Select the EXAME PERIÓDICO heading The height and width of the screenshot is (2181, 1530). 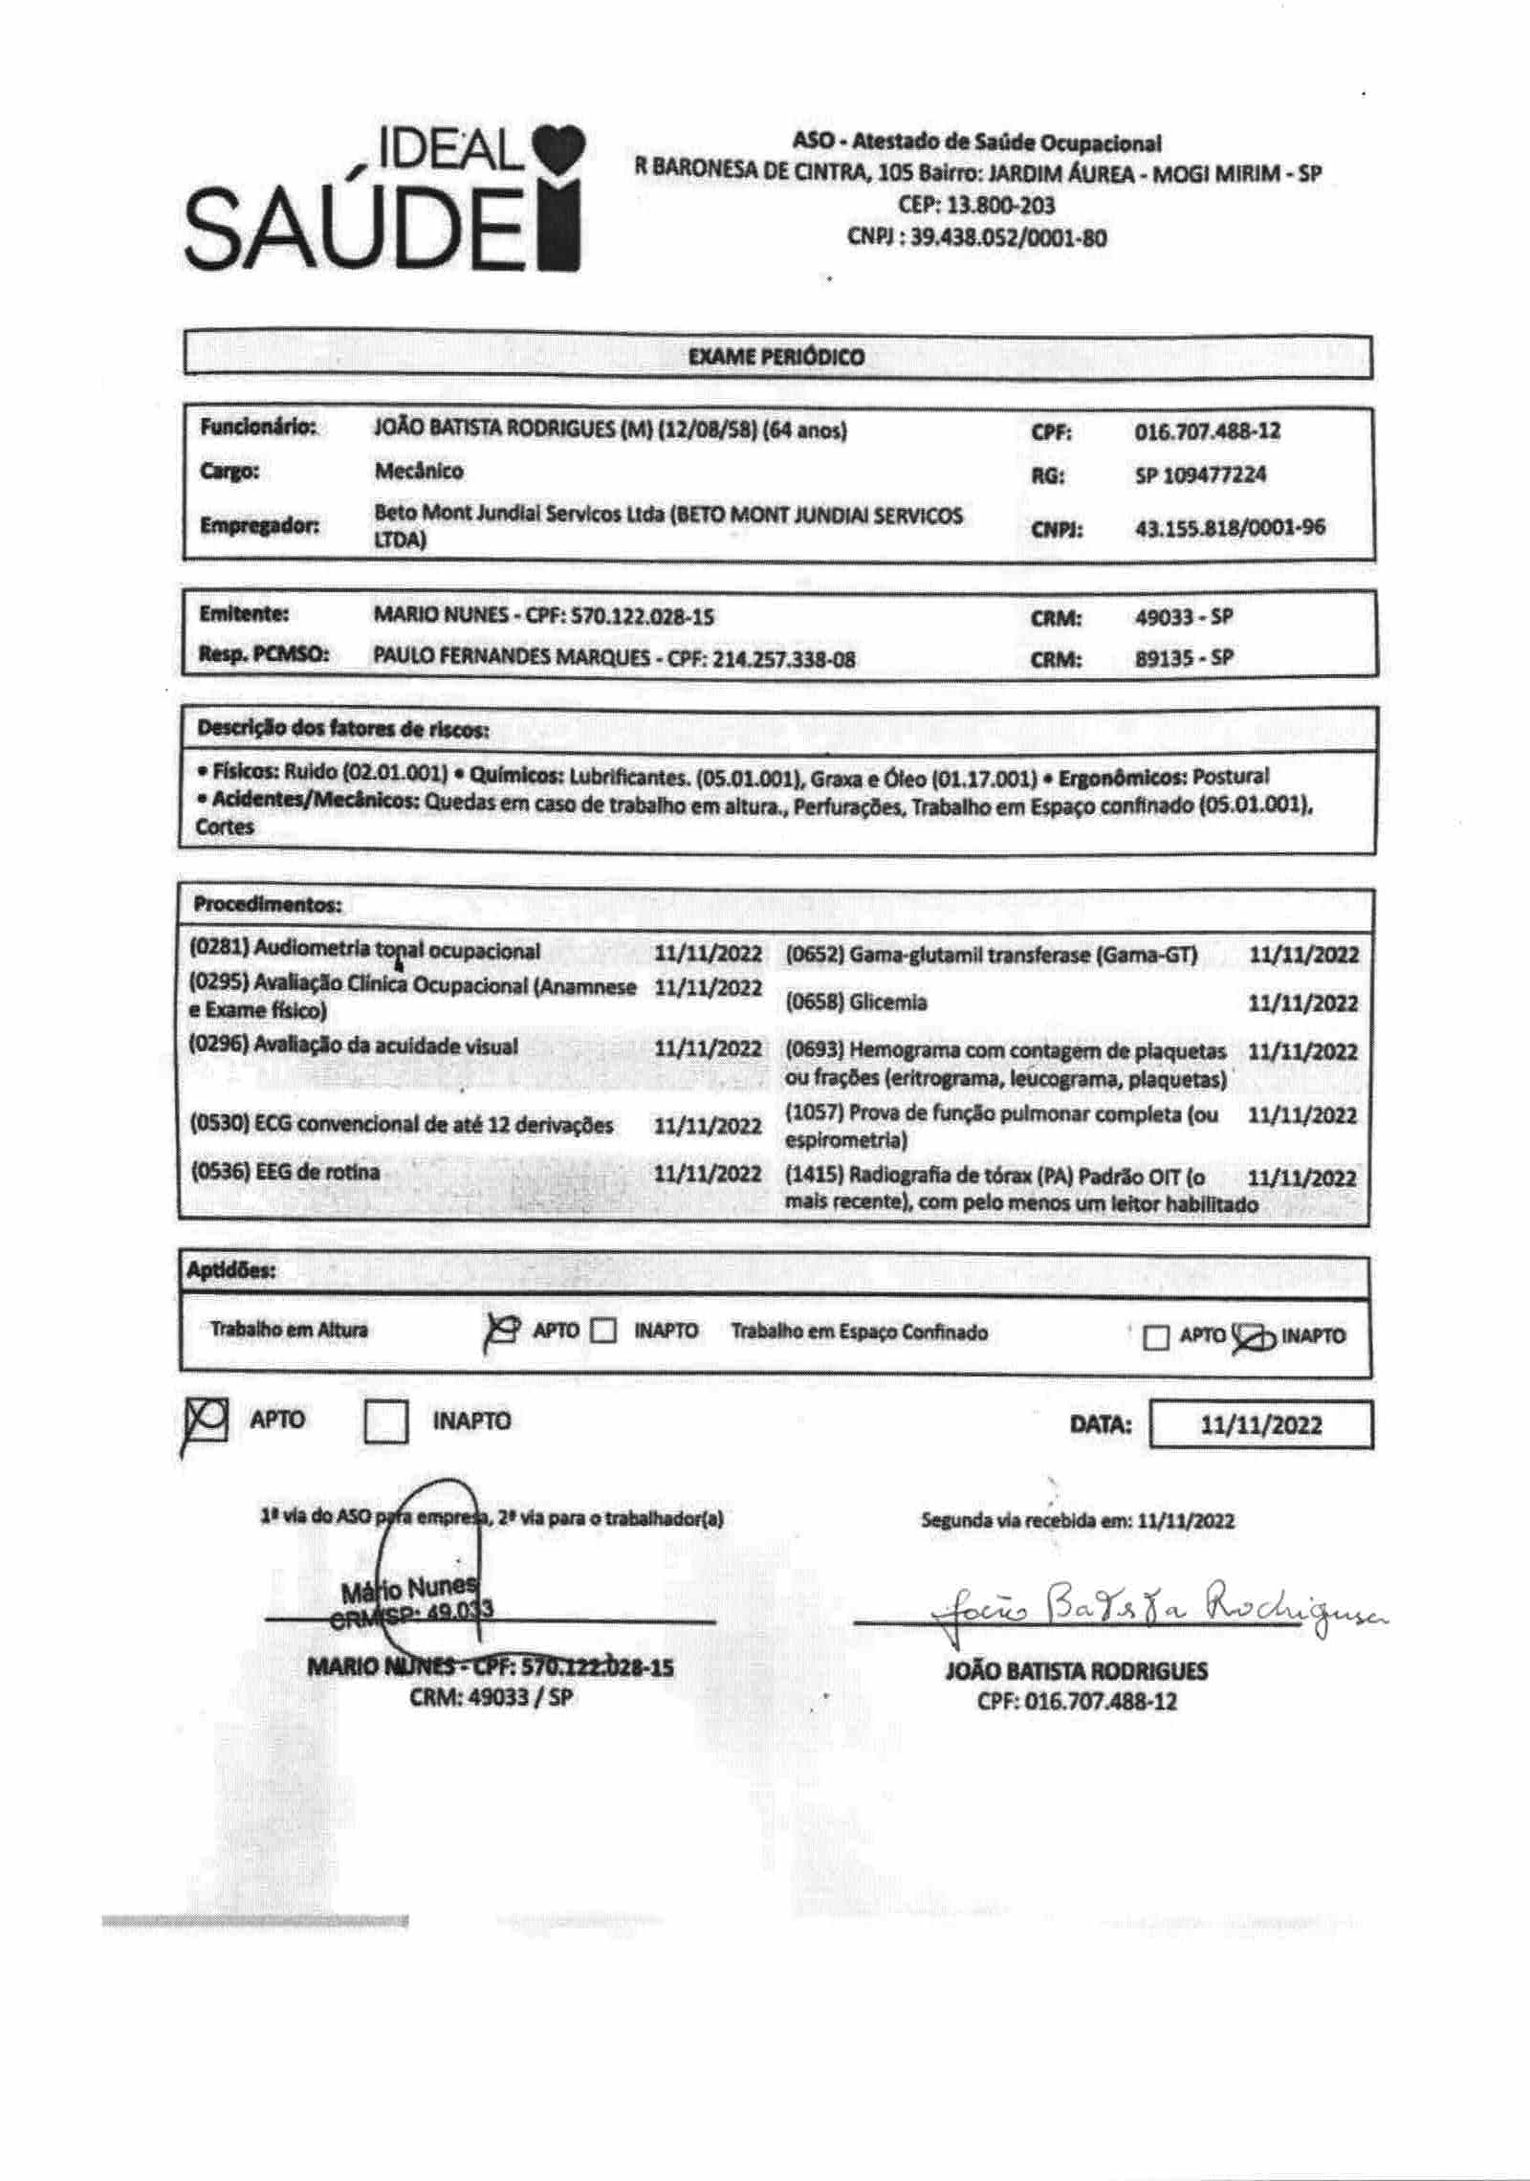click(776, 357)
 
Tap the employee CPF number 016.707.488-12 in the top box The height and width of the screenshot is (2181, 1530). click(1207, 431)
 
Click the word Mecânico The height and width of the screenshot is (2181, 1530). click(419, 472)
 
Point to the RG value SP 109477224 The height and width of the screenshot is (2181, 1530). click(1200, 474)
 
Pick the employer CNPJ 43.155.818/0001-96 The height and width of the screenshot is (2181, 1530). click(1229, 527)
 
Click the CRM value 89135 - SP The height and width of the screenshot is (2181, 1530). click(1184, 658)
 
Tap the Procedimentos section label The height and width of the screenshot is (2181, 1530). click(267, 904)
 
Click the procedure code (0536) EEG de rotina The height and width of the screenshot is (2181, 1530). click(284, 1172)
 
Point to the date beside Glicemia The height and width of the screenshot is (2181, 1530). click(1302, 1003)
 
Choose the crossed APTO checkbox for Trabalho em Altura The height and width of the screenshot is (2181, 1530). click(504, 1331)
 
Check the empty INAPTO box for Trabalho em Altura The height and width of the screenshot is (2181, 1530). click(603, 1331)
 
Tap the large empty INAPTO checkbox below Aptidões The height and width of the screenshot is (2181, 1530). click(386, 1421)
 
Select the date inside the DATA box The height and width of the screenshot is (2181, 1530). click(1260, 1425)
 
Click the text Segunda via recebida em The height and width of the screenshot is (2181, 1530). click(1026, 1521)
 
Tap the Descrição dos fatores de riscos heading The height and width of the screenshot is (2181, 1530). click(342, 729)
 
